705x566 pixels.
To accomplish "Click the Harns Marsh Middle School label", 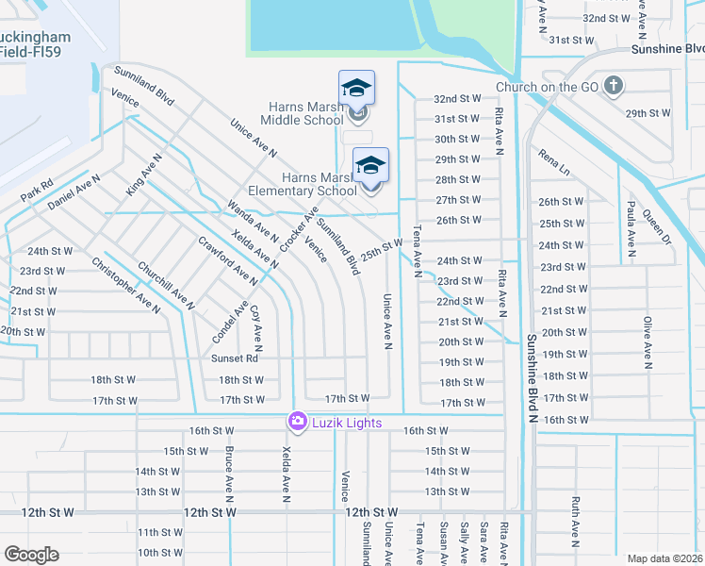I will click(x=302, y=120).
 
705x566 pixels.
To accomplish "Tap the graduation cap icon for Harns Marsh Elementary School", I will click(x=370, y=166).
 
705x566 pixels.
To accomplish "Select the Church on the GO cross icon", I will click(x=614, y=88).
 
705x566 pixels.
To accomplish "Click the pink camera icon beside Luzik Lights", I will click(x=298, y=422).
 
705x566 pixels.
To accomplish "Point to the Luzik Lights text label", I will click(x=348, y=423).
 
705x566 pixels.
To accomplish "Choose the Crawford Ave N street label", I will click(x=227, y=260).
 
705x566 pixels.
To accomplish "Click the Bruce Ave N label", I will click(x=229, y=471).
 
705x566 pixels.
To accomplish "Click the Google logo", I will click(x=31, y=554).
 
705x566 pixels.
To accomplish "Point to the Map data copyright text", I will click(x=664, y=558).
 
